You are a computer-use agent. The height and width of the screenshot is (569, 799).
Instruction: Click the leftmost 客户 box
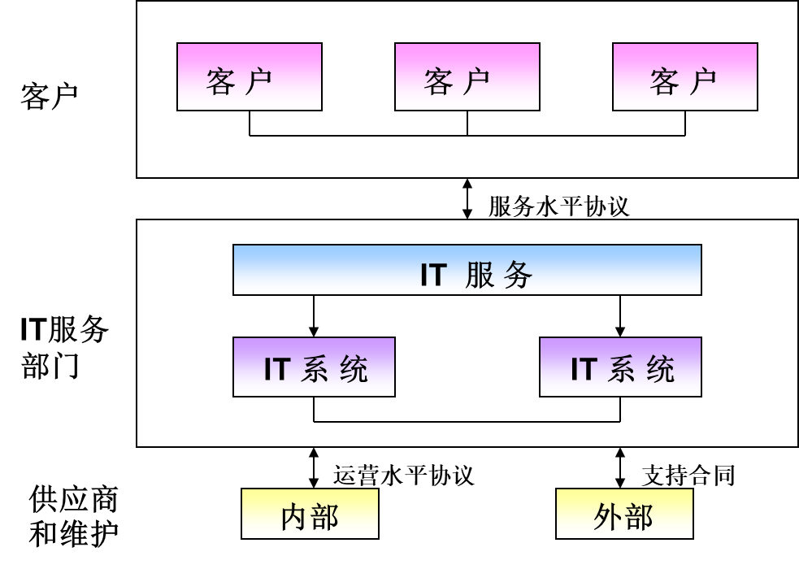[249, 76]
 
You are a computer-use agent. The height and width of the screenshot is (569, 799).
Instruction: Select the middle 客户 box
[467, 76]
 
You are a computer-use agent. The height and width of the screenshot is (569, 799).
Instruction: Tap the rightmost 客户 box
[684, 76]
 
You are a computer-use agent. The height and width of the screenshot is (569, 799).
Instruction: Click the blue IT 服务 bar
[467, 270]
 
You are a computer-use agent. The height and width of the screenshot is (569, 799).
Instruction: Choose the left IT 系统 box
[314, 367]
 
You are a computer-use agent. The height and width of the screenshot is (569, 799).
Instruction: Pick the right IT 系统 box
[620, 367]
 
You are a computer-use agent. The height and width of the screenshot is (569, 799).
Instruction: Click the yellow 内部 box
[310, 514]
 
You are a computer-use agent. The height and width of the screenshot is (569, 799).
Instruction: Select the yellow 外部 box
[624, 514]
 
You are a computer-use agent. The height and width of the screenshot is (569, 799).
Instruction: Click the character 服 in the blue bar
[480, 275]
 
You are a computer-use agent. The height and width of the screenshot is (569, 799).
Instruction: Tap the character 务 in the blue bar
[518, 275]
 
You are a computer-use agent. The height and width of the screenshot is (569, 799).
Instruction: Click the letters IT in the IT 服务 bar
[433, 275]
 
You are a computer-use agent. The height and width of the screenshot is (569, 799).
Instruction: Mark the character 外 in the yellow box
[608, 517]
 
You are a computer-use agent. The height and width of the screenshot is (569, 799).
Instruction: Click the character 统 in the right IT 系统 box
[661, 369]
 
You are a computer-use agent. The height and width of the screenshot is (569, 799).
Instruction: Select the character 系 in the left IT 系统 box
[315, 369]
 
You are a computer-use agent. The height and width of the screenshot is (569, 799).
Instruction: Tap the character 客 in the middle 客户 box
[439, 81]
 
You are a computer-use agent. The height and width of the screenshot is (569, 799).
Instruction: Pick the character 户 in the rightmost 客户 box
[704, 81]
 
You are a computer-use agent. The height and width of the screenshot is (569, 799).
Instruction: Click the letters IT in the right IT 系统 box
[584, 369]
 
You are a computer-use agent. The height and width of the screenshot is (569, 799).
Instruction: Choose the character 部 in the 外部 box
[640, 517]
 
